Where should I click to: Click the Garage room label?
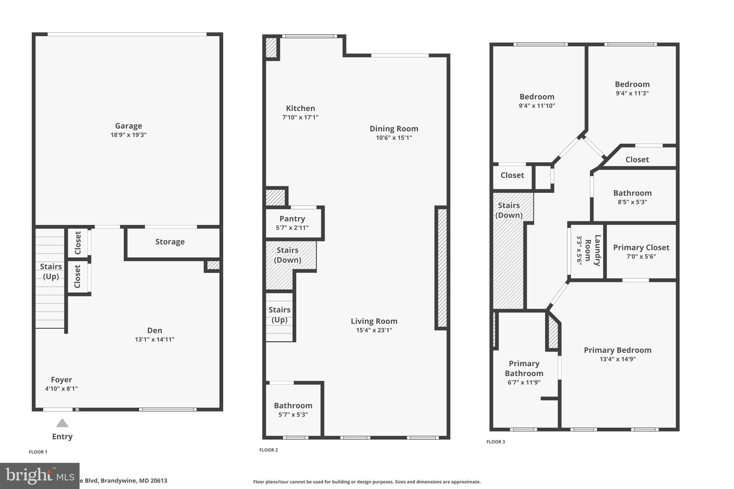128,126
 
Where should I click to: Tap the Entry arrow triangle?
62,423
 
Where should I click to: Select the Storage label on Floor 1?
170,242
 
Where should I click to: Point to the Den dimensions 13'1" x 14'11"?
154,339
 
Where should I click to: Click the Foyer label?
61,380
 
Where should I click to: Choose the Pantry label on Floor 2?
292,219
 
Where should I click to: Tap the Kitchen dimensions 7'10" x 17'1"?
300,117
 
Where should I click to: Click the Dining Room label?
394,129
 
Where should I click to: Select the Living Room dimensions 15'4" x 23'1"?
374,330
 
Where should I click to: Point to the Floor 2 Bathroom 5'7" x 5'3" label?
293,406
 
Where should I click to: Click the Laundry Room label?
592,250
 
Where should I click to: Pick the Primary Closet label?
641,248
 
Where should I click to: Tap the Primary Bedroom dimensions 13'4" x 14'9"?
618,359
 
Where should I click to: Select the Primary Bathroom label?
524,368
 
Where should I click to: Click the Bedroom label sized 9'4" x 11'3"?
632,85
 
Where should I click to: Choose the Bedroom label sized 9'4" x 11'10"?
537,97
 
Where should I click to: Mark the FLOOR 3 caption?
495,442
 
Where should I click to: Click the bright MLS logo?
39,475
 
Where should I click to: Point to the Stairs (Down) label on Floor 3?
509,210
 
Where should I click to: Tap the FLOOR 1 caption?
38,452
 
